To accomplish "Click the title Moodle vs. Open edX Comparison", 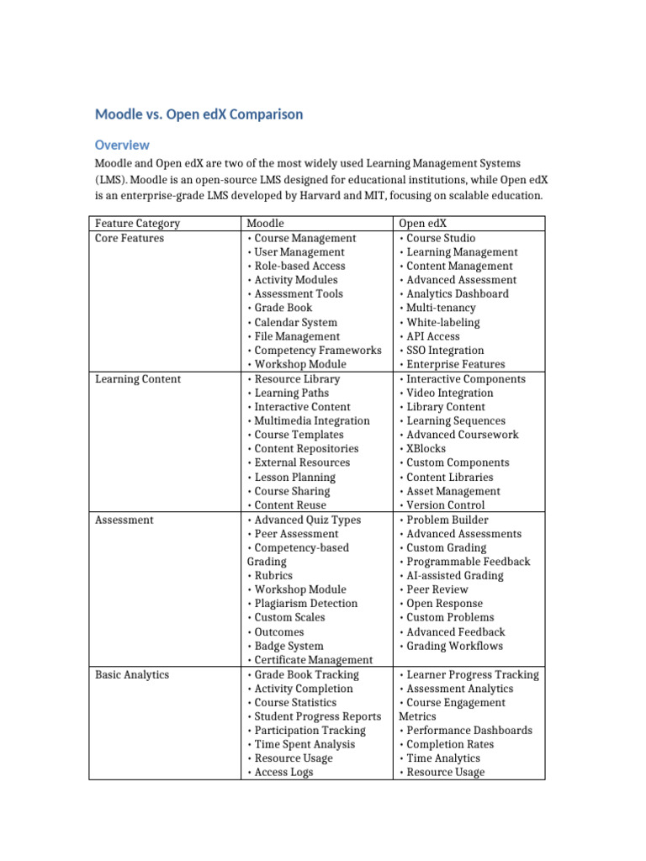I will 199,114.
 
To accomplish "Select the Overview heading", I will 122,145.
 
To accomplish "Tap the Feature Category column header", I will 137,224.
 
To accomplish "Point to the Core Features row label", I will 130,238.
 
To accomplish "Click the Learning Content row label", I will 137,378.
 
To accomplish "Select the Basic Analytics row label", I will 131,674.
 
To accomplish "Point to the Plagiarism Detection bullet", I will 305,603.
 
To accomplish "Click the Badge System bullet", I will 289,646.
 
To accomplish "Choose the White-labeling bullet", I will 442,322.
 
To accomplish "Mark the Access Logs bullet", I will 283,772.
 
